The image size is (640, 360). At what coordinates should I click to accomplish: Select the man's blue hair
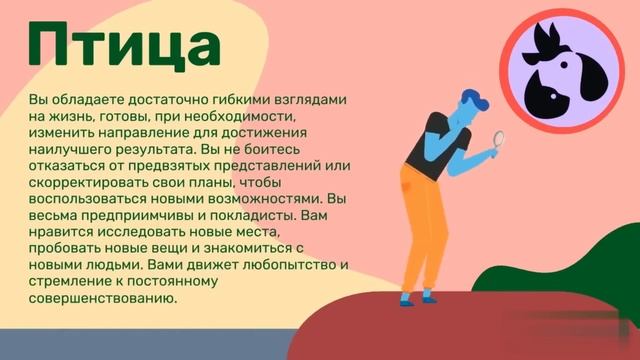point(475,100)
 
